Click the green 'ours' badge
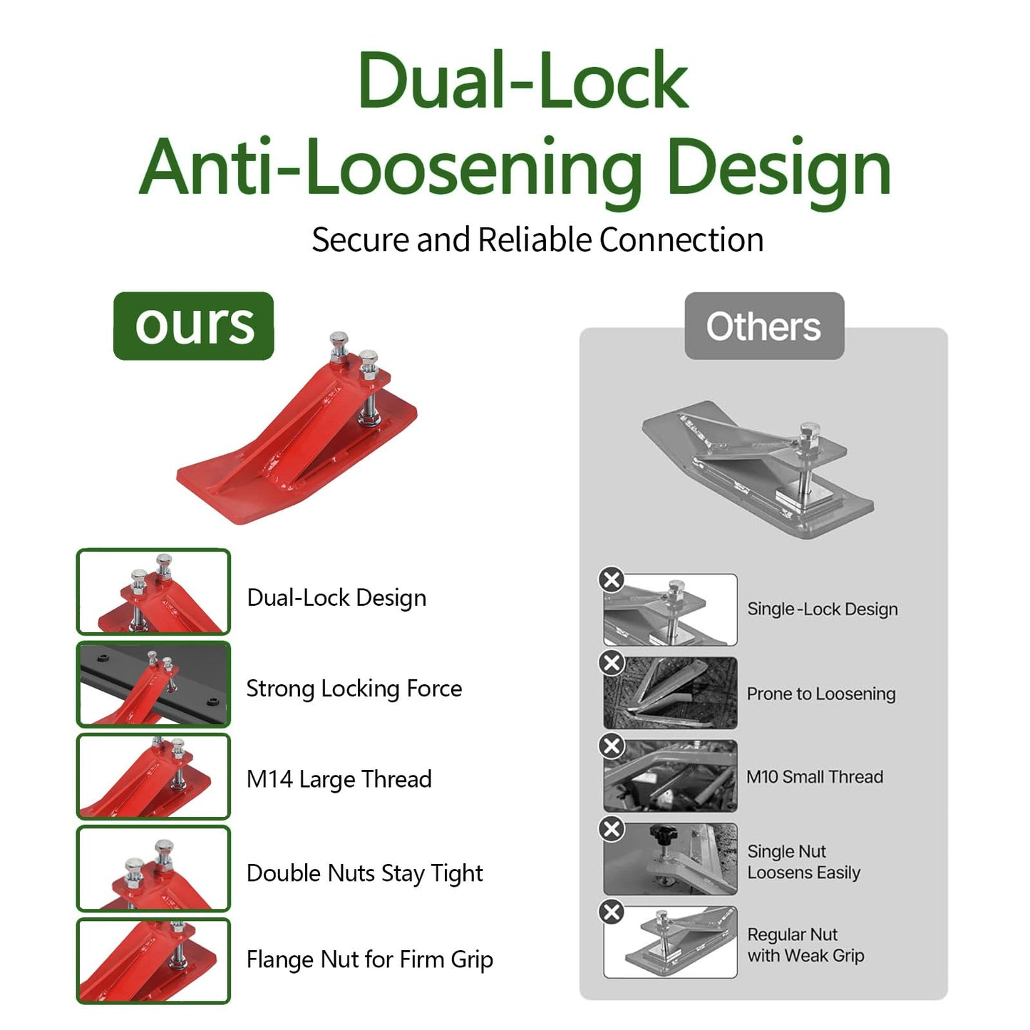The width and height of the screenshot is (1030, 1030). [x=193, y=326]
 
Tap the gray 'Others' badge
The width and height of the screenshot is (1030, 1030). [x=764, y=326]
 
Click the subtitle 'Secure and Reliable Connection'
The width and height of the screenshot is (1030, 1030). [x=537, y=240]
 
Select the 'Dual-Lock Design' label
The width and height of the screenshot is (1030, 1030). [x=336, y=597]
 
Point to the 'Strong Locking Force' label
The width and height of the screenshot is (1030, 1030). [x=354, y=689]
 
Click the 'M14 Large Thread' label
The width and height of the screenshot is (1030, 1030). [x=339, y=779]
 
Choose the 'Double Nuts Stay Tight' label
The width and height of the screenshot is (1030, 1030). [x=364, y=873]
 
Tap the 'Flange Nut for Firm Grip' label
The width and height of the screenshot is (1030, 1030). [x=369, y=959]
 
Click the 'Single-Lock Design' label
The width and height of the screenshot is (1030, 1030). [x=822, y=609]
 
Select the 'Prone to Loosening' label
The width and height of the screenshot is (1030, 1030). [x=821, y=694]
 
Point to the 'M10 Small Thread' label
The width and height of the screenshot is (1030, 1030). [x=815, y=777]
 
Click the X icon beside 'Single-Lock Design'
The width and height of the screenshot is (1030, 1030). [x=612, y=580]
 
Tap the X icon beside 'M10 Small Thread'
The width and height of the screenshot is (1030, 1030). [x=612, y=746]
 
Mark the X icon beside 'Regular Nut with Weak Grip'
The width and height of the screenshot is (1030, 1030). [x=612, y=912]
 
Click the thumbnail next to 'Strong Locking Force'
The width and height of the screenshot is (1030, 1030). [x=153, y=685]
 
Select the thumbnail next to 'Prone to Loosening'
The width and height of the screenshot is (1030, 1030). [x=670, y=693]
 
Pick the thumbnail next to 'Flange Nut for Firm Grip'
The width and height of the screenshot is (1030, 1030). [x=153, y=961]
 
